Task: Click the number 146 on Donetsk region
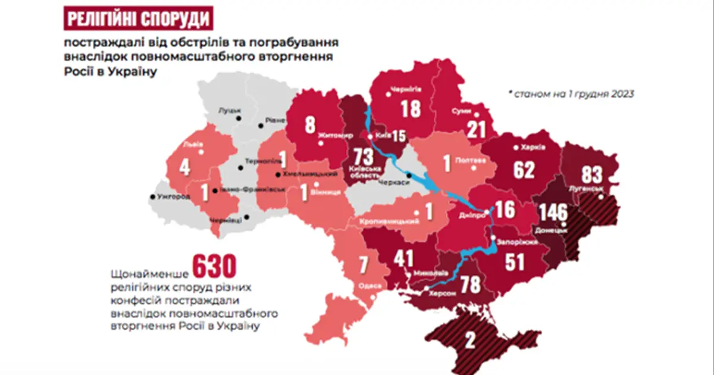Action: coord(553,212)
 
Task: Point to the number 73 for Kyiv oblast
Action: coord(364,158)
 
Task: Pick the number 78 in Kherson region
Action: coord(471,285)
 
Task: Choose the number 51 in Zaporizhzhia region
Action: coord(515,262)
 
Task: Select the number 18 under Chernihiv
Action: coord(411,109)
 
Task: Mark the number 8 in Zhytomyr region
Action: coord(310,126)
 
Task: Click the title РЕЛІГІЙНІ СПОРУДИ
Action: coord(138,19)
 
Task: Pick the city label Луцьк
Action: coord(231,111)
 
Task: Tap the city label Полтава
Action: coord(466,160)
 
